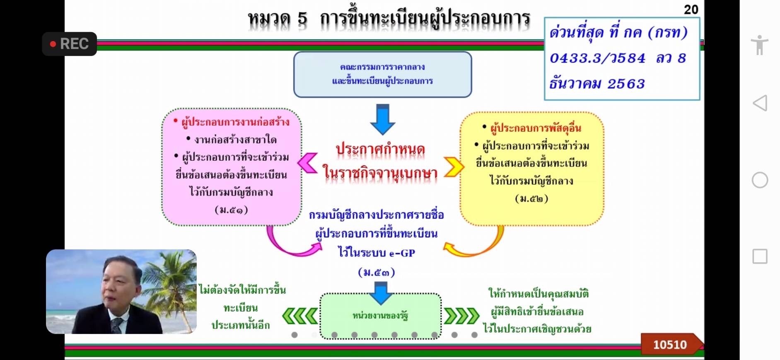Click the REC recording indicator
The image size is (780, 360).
click(x=70, y=44)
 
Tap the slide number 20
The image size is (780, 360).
click(x=691, y=10)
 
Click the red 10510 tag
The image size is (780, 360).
click(x=670, y=344)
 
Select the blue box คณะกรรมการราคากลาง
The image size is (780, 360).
click(x=382, y=74)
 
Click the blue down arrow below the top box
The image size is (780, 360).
click(x=382, y=119)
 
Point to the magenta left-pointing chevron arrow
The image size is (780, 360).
click(x=307, y=163)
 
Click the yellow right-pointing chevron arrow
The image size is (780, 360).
click(x=454, y=167)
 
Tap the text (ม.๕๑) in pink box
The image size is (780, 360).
click(x=231, y=210)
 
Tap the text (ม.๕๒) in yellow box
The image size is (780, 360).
click(x=531, y=199)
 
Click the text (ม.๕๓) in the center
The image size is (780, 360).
click(x=377, y=273)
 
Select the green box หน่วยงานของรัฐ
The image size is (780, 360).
click(x=380, y=316)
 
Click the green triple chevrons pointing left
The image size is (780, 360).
click(x=300, y=316)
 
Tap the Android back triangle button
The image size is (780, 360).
click(x=760, y=103)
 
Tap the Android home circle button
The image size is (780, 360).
click(x=760, y=180)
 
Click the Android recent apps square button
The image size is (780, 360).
click(x=760, y=256)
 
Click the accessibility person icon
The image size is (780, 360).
click(x=759, y=45)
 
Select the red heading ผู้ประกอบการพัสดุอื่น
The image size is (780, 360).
click(x=536, y=128)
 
